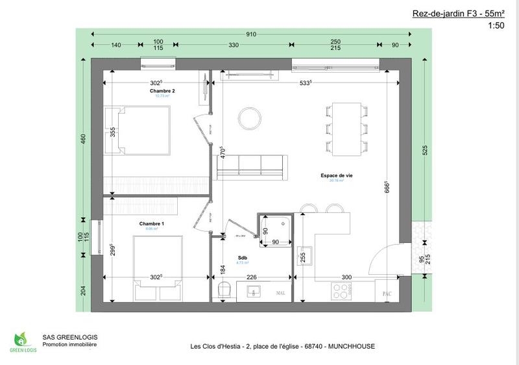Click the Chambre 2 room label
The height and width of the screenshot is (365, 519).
point(163,91)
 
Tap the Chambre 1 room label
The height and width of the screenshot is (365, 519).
point(151,223)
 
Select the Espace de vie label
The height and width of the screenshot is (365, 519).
point(336,175)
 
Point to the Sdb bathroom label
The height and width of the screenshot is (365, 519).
point(241,257)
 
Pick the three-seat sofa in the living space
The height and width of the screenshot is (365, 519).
point(250,167)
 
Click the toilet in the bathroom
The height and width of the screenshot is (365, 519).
point(224,290)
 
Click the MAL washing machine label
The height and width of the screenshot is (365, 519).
point(280,293)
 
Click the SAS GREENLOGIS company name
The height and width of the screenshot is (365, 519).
point(69,337)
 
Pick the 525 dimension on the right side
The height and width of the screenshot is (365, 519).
point(424,149)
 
